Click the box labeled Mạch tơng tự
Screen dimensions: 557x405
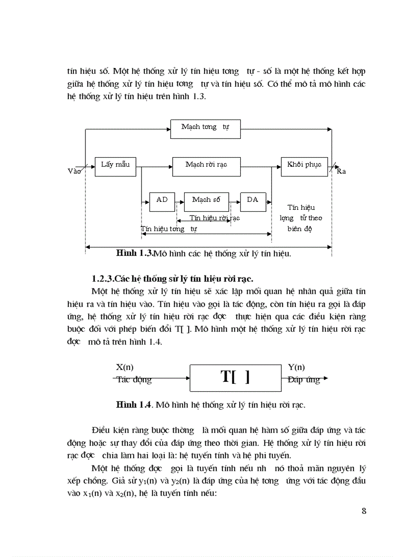pyautogui.click(x=205, y=128)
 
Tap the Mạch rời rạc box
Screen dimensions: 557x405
pyautogui.click(x=206, y=166)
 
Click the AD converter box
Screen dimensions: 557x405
pyautogui.click(x=162, y=200)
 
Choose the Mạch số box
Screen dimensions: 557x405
pyautogui.click(x=206, y=200)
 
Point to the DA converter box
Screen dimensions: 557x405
pyautogui.click(x=253, y=200)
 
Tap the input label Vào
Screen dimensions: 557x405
pyautogui.click(x=74, y=171)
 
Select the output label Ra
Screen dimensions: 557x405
pyautogui.click(x=341, y=172)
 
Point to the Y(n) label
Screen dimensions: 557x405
pyautogui.click(x=296, y=368)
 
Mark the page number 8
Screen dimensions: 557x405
pyautogui.click(x=364, y=511)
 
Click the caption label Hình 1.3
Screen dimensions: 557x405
pyautogui.click(x=135, y=253)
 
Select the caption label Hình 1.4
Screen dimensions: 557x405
pyautogui.click(x=134, y=404)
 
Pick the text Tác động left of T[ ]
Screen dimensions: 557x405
pyautogui.click(x=134, y=380)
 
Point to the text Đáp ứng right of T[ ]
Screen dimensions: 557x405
pyautogui.click(x=304, y=380)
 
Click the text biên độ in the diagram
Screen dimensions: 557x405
pyautogui.click(x=299, y=229)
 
